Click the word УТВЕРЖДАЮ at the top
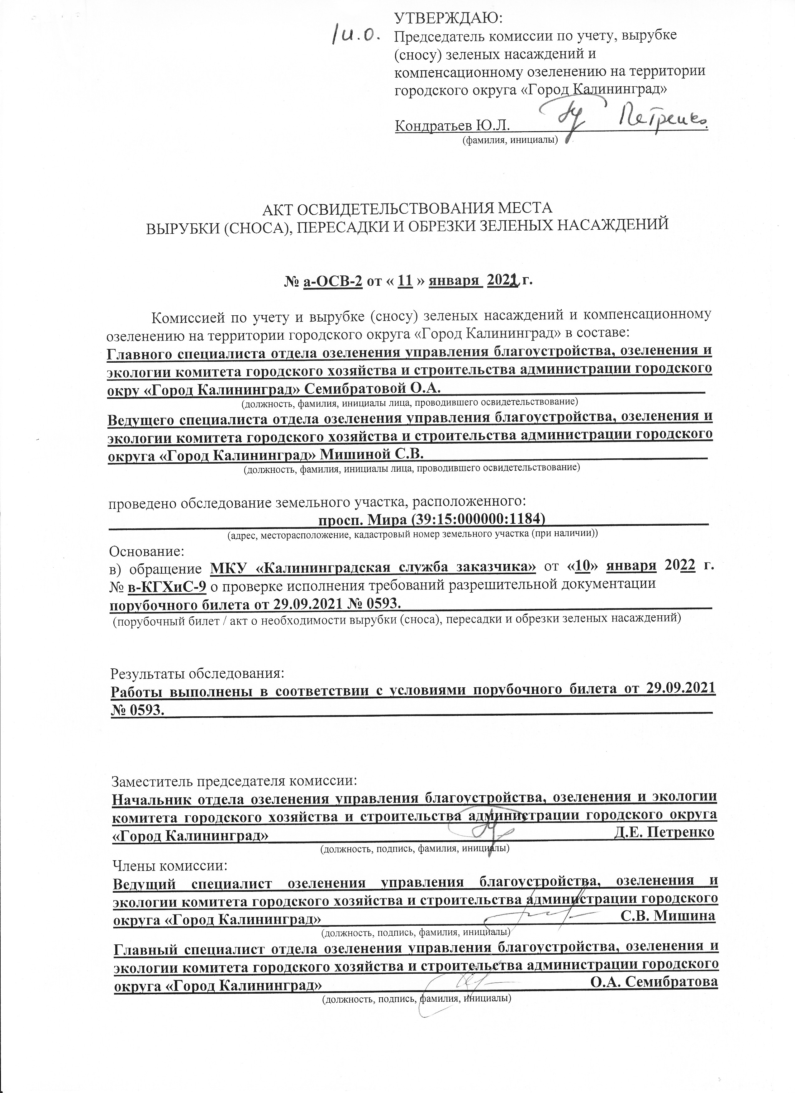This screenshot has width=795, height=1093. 448,19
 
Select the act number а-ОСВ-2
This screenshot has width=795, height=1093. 332,280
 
